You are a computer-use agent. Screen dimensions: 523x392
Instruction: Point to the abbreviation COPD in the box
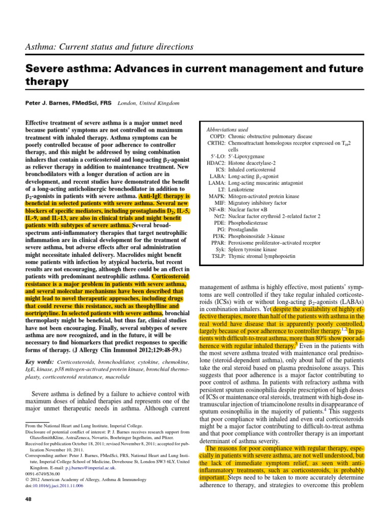pyautogui.click(x=216, y=137)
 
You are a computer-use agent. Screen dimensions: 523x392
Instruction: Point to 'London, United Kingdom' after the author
pyautogui.click(x=149, y=103)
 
